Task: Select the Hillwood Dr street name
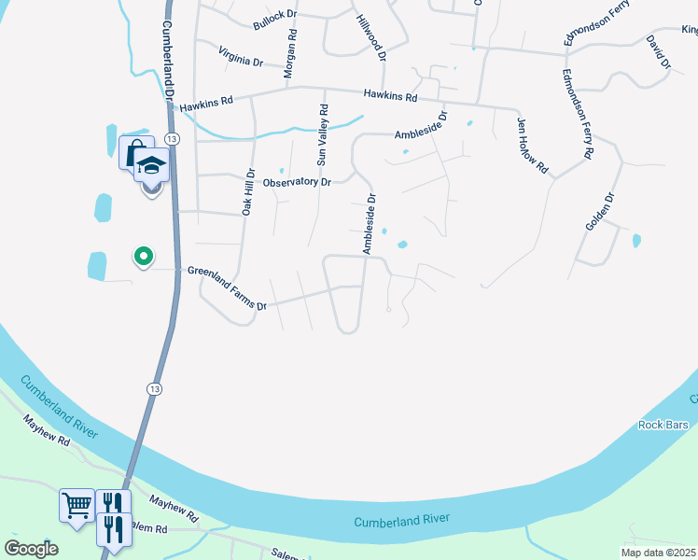pos(370,36)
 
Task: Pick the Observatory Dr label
pos(297,182)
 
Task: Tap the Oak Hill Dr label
pos(248,193)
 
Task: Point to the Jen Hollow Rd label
pos(533,145)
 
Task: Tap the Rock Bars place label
pos(663,426)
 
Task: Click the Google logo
pos(31,549)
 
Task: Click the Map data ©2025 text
pos(657,553)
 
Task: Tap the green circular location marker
pos(143,255)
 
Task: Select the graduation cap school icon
pos(151,166)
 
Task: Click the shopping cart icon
pos(77,505)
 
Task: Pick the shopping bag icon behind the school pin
pos(132,150)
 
